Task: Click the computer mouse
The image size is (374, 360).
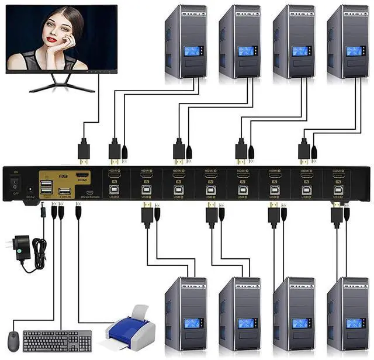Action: tap(12, 340)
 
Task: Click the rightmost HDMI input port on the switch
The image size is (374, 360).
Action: tap(338, 175)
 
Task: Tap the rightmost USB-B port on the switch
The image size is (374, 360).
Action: tap(338, 189)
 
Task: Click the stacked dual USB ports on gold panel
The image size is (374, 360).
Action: tap(47, 187)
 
